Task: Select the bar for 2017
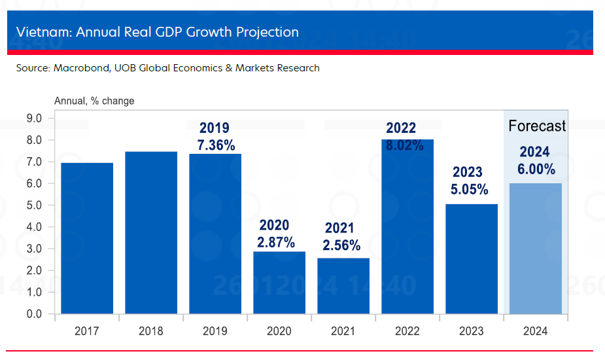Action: (x=87, y=238)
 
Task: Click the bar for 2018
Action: (x=151, y=232)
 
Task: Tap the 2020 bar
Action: (x=279, y=283)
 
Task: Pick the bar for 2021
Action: (x=343, y=286)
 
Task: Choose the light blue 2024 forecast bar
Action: (x=536, y=249)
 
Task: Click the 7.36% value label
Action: (x=216, y=145)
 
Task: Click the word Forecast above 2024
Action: (x=537, y=126)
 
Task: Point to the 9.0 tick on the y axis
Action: (x=34, y=118)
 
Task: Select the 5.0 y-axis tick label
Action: (x=34, y=206)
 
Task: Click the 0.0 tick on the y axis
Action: (x=34, y=314)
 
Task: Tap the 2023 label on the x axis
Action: (x=472, y=331)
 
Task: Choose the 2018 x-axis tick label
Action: (x=151, y=331)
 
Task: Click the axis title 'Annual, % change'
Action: (x=94, y=101)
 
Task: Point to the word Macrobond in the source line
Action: (x=77, y=67)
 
